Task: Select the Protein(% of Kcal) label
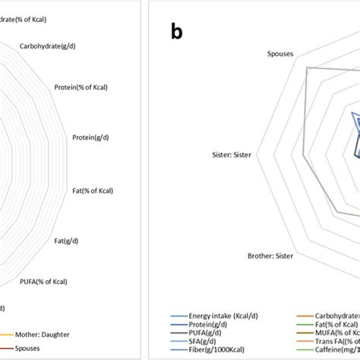[x=81, y=87]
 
